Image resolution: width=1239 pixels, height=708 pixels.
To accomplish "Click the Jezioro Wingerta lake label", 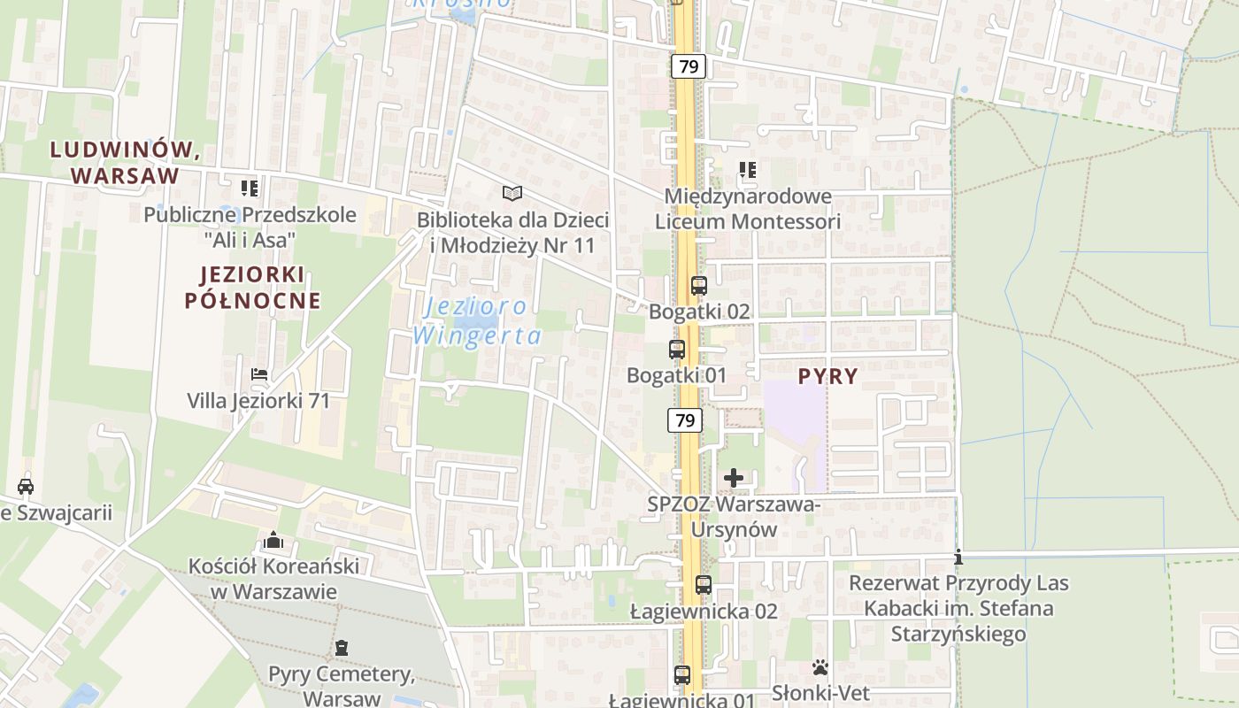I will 476,321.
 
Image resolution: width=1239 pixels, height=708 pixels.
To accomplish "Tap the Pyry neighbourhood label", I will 827,376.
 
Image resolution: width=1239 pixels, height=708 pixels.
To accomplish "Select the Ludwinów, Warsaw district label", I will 125,162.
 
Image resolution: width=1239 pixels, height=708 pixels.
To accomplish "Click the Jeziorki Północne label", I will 252,288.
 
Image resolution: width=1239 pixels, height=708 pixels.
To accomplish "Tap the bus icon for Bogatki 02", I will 698,286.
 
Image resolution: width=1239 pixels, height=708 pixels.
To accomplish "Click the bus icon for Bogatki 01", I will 677,350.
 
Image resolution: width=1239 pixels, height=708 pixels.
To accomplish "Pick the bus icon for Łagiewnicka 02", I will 704,585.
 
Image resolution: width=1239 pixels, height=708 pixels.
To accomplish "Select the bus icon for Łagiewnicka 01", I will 682,675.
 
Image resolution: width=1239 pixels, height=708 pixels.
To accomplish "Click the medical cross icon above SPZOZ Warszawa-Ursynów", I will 734,479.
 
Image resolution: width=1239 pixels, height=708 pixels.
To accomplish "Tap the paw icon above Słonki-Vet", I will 820,667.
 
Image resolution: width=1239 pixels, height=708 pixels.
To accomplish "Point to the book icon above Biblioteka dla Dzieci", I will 512,193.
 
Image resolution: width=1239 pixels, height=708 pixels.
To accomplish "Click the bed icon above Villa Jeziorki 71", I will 259,374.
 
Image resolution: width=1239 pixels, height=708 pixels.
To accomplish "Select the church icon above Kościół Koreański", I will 273,540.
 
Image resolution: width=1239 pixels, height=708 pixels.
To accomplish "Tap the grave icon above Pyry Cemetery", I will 342,649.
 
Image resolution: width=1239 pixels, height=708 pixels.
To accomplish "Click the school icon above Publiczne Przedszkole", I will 250,188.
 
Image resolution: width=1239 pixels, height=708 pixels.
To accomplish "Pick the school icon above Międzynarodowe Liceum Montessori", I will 748,169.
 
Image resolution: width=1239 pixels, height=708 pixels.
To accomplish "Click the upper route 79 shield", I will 688,65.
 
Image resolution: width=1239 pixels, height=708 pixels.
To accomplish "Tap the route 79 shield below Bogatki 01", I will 685,420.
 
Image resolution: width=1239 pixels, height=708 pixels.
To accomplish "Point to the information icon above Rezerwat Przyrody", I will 958,558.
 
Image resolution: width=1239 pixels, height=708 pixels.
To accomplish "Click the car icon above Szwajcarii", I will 26,486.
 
